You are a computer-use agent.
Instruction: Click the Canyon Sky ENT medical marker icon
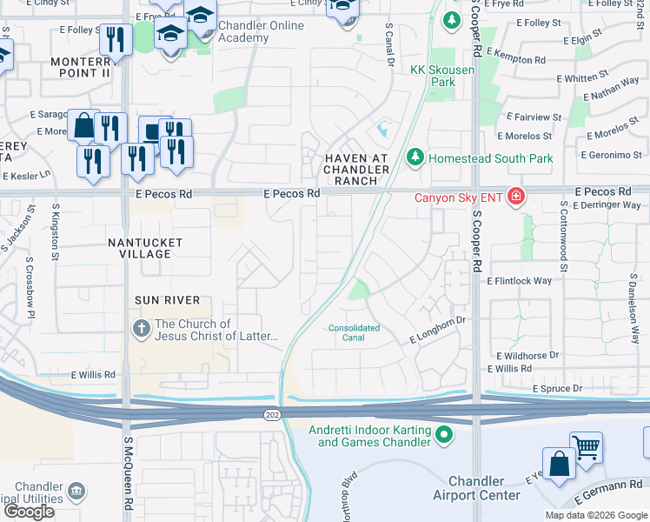click(x=516, y=197)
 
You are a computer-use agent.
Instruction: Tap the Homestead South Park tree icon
click(x=415, y=157)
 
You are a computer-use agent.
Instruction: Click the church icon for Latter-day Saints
click(x=140, y=329)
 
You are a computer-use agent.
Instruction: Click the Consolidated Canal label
click(x=354, y=333)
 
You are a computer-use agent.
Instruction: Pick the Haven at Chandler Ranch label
click(x=351, y=168)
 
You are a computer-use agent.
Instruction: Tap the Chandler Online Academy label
click(x=261, y=31)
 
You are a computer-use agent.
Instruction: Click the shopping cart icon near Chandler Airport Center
click(x=587, y=448)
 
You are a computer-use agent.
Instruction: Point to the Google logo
click(x=29, y=512)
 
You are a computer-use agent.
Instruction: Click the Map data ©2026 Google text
click(x=596, y=515)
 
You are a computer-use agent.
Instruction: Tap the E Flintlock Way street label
click(x=519, y=281)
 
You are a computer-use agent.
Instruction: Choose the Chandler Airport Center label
click(x=476, y=488)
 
